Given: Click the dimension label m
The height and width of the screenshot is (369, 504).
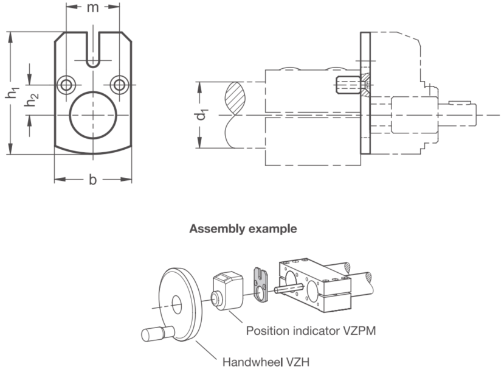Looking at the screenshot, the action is [92, 7].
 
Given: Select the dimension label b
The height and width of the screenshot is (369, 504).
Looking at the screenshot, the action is [92, 180].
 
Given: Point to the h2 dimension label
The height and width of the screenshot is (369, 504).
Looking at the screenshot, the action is [32, 100].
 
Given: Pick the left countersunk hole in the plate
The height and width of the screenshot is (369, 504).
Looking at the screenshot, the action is [66, 85].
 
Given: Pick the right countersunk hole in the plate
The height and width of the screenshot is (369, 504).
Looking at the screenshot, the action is [119, 85].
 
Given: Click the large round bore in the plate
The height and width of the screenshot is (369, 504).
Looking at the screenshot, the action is [93, 115].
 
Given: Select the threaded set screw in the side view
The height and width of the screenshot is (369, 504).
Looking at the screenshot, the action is [348, 85].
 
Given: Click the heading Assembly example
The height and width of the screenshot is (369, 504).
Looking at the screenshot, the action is [243, 228].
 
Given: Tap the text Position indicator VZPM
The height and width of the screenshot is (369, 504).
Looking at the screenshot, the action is [311, 331].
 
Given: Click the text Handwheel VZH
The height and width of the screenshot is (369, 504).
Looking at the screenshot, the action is [266, 362].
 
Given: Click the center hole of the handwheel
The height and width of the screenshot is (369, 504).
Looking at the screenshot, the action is [176, 304].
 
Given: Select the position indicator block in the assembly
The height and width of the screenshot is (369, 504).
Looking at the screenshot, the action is [227, 291].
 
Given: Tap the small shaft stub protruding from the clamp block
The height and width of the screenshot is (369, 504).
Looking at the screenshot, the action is [288, 288].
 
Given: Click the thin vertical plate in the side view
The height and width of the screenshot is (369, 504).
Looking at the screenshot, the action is [365, 93].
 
